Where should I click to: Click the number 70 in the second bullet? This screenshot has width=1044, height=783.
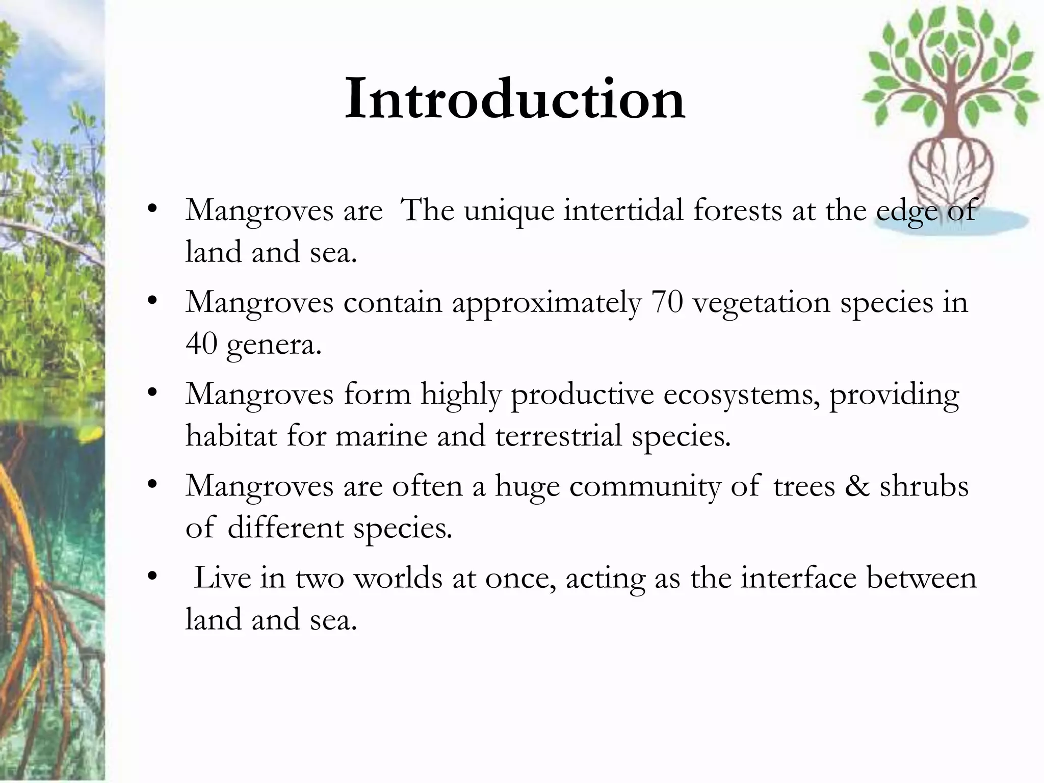667,302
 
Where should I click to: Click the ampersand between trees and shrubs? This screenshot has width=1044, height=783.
857,486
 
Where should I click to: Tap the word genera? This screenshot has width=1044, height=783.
274,345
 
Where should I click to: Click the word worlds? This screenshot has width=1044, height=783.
398,578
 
